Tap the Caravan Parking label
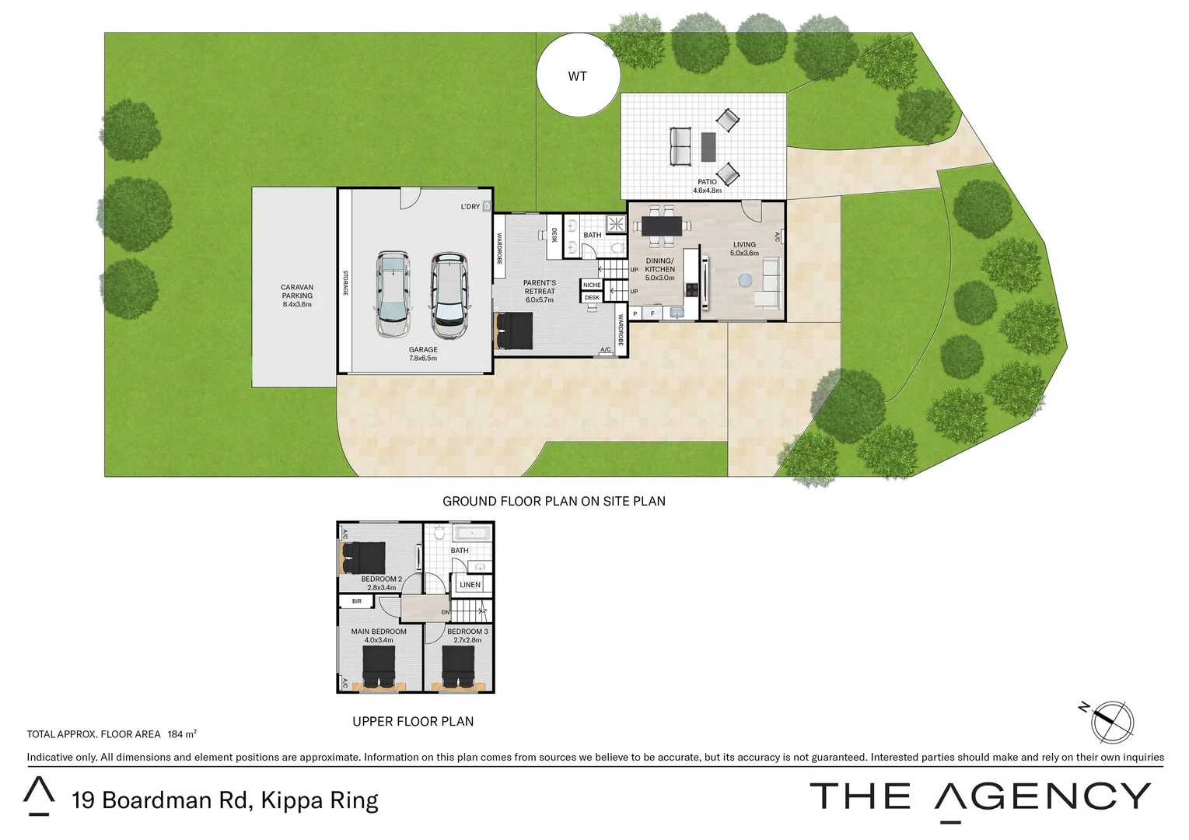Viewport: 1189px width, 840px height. click(297, 296)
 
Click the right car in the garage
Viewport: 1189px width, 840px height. click(449, 296)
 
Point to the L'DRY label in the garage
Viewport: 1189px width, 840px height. click(470, 207)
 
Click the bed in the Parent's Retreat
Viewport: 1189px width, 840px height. click(514, 331)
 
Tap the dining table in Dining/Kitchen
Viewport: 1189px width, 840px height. click(661, 226)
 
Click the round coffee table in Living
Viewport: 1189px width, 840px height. click(746, 280)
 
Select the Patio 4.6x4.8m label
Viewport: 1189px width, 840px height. click(707, 186)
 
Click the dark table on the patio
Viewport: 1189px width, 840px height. click(708, 146)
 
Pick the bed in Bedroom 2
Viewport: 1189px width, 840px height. click(364, 558)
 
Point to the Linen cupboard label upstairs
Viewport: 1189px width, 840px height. click(470, 585)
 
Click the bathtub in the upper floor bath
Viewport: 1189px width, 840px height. click(472, 534)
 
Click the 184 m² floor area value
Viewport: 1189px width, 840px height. click(182, 734)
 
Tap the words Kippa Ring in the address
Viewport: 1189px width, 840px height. click(320, 800)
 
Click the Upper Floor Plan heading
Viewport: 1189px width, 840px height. click(413, 722)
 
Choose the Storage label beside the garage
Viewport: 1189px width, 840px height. click(345, 283)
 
